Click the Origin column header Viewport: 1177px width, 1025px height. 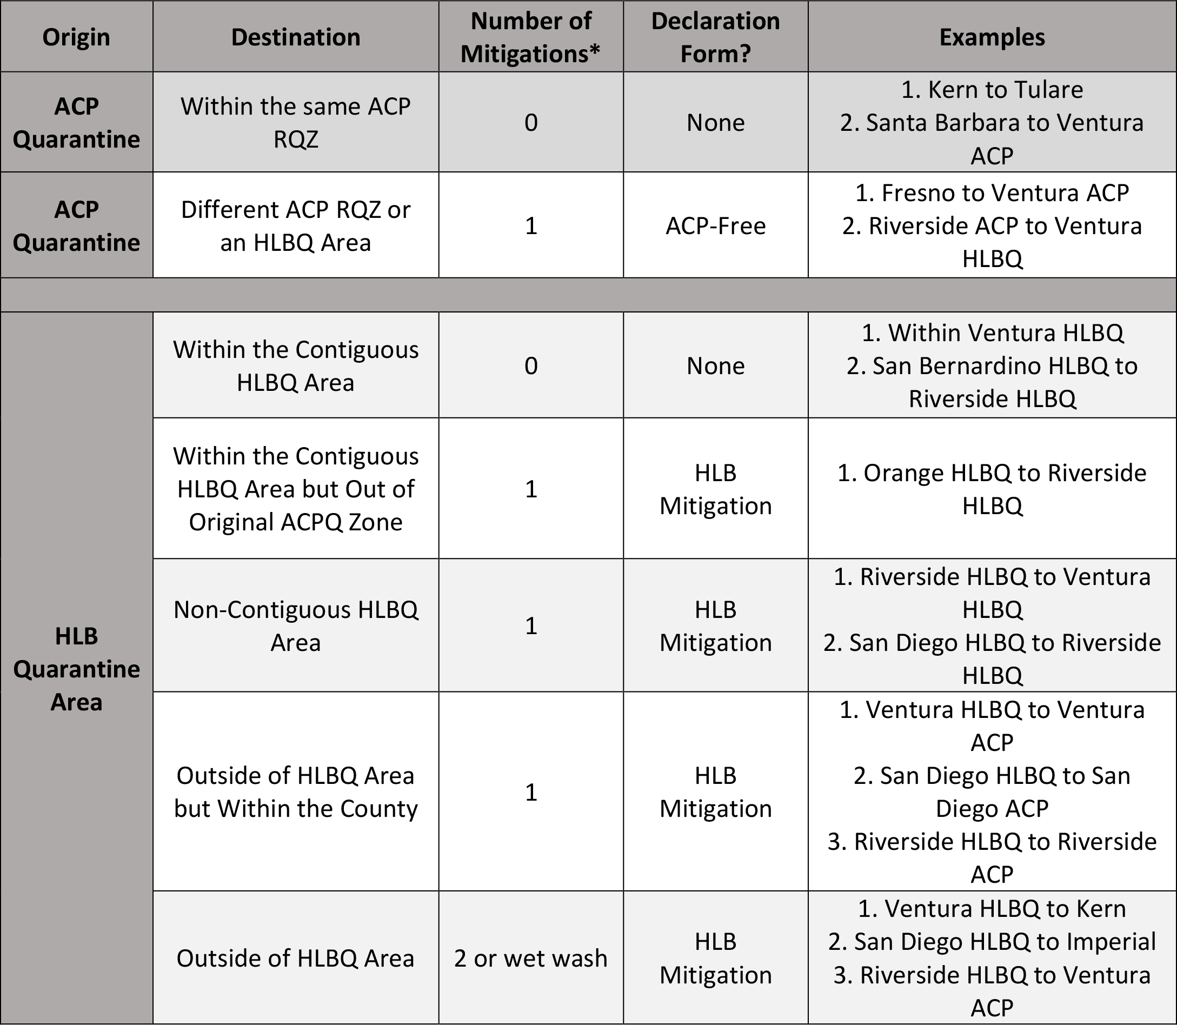coord(76,37)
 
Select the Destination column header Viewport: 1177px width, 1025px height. coord(296,37)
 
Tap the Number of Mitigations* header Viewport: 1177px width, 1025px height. coord(531,37)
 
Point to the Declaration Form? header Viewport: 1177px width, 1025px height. coord(715,37)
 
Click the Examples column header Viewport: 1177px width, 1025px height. coord(992,37)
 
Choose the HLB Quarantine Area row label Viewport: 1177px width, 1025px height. coord(76,669)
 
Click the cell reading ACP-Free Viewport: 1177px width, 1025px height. coord(715,226)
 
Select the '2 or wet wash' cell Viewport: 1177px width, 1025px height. coord(531,958)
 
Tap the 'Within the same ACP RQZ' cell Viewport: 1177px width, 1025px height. coord(296,122)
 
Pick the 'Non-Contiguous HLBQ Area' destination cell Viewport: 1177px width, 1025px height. coord(296,625)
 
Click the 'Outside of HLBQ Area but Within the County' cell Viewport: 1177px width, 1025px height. coord(296,791)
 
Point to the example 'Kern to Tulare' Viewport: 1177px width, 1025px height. coord(992,90)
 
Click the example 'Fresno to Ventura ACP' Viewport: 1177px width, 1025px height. coord(992,193)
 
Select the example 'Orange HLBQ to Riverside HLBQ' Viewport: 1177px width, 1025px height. coord(992,489)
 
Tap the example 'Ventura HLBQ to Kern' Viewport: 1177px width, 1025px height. coord(992,909)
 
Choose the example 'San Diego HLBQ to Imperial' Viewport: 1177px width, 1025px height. coord(992,942)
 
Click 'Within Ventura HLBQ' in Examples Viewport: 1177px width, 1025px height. coord(992,333)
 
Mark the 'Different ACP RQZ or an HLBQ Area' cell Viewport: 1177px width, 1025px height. coord(296,226)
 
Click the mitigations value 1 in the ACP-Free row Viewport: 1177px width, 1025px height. coord(531,226)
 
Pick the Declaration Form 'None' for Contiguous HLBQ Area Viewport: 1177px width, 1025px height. coord(715,365)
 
